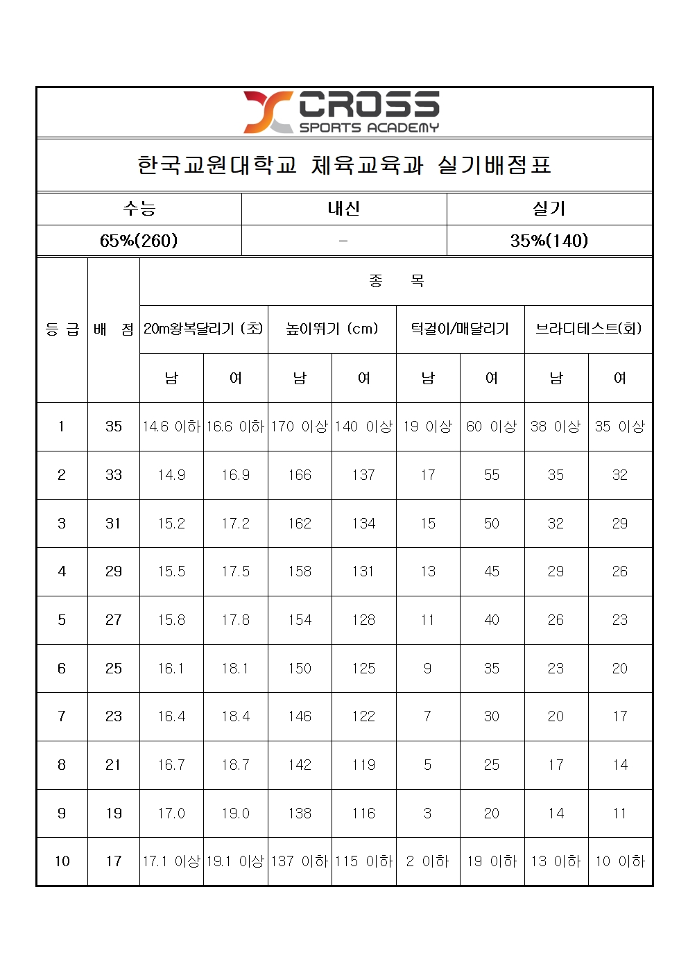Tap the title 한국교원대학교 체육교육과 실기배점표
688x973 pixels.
(344, 165)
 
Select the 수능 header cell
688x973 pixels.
(139, 208)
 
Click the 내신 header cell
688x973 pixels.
(344, 208)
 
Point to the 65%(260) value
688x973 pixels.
(139, 241)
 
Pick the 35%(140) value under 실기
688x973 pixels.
(549, 241)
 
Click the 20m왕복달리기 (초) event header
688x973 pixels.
(203, 329)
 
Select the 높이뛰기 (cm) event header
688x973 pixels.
(332, 329)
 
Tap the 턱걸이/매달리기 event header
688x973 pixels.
(460, 329)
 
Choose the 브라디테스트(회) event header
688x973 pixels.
(588, 329)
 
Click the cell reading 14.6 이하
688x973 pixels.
(171, 427)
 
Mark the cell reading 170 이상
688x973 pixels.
(300, 427)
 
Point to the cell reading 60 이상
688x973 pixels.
(492, 427)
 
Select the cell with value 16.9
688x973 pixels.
(236, 475)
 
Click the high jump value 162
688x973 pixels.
(300, 524)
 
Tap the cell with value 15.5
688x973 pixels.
(171, 571)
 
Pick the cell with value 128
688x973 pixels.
(363, 620)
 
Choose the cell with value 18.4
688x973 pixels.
(236, 716)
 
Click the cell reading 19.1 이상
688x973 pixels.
(236, 861)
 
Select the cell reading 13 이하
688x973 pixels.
(556, 861)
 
